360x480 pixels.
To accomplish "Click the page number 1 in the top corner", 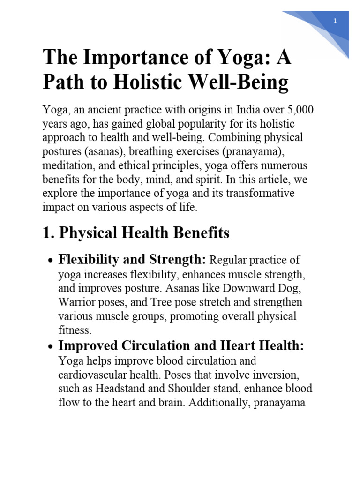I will (336, 21).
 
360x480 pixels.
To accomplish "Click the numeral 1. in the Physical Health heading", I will (49, 233).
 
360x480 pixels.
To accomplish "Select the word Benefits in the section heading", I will (201, 233).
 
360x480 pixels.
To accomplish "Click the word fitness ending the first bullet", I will (74, 330).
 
